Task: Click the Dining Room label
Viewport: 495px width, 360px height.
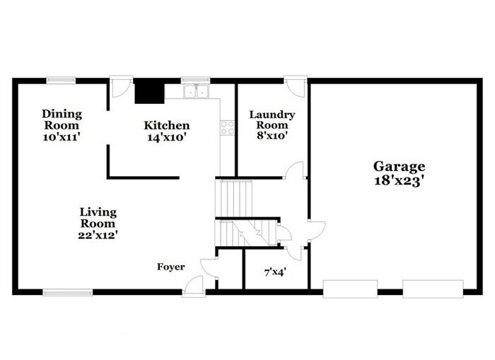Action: coord(62,120)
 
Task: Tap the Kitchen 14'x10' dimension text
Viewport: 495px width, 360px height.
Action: coord(165,138)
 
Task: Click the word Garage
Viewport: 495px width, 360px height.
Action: coord(399,166)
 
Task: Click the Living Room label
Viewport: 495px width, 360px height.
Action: coord(98,217)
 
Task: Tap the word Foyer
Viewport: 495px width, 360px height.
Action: coord(171,267)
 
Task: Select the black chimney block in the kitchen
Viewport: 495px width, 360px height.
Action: coord(148,91)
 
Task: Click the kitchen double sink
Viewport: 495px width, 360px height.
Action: coord(194,91)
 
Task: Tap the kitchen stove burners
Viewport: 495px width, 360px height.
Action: coord(228,127)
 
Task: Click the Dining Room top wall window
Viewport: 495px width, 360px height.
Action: coord(62,80)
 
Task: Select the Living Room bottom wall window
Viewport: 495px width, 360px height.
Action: coord(67,291)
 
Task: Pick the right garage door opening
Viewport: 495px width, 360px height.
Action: coord(432,287)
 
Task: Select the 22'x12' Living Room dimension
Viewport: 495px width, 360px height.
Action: coord(98,235)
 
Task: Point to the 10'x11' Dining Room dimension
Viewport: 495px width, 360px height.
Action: coord(62,138)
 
